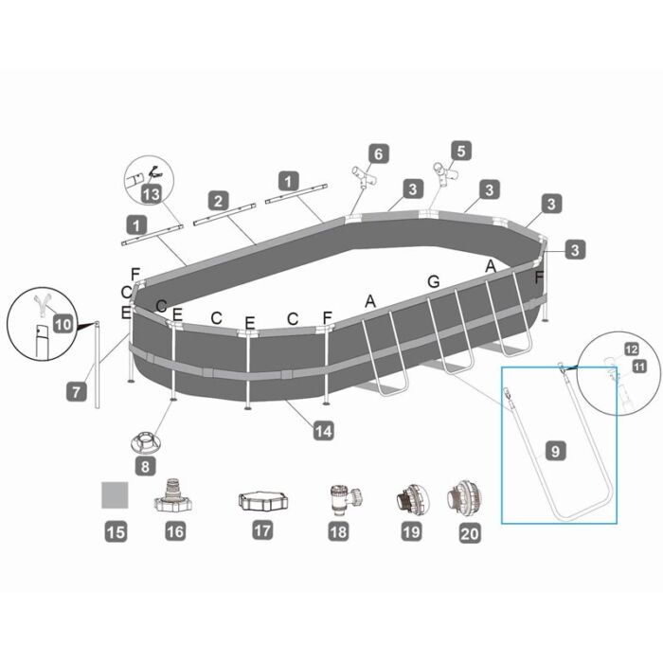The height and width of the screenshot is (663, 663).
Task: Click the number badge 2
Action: pyautogui.click(x=219, y=201)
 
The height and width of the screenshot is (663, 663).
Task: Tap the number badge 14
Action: pyautogui.click(x=324, y=431)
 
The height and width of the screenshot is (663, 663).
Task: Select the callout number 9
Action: pyautogui.click(x=556, y=452)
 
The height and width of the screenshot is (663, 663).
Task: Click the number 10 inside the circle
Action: pyautogui.click(x=63, y=324)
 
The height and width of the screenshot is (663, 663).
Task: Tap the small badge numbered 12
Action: pyautogui.click(x=630, y=349)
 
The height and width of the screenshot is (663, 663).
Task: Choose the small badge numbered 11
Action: pyautogui.click(x=638, y=365)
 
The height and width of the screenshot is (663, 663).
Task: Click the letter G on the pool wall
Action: pyautogui.click(x=434, y=281)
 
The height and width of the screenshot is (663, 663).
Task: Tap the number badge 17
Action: pyautogui.click(x=262, y=531)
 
